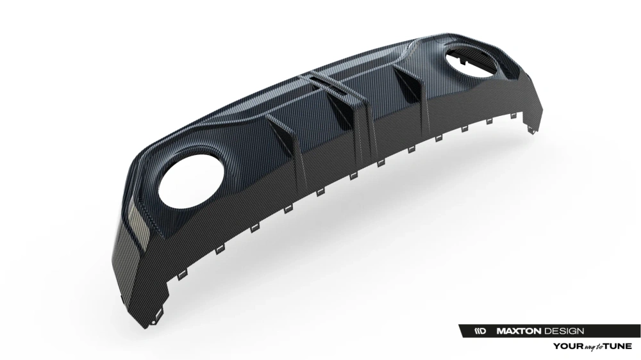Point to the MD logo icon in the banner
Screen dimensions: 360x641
point(481,331)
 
